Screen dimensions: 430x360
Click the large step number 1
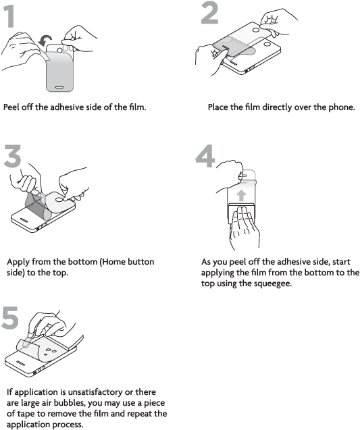tap(9, 18)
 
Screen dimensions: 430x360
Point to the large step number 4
tap(205, 157)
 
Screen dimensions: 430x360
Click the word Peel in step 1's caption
tap(11, 107)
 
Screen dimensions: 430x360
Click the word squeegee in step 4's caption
tap(272, 283)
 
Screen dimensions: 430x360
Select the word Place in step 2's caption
tap(217, 107)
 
